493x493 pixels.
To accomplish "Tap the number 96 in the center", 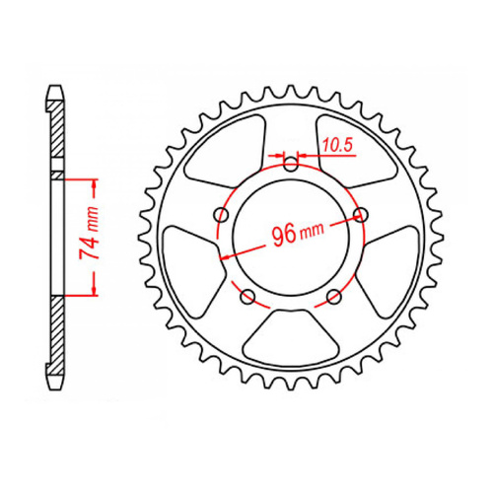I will [x=283, y=235].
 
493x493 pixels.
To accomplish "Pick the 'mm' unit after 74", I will [x=86, y=214].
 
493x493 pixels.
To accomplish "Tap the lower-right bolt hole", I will [x=332, y=295].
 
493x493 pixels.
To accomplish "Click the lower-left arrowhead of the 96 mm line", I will [x=226, y=256].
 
